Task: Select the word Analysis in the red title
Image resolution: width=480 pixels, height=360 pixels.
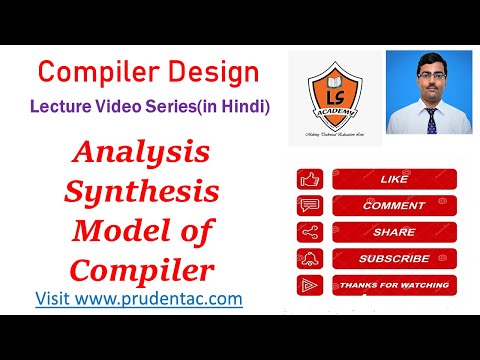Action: [x=145, y=153]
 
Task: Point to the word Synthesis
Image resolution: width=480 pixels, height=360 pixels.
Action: [x=145, y=190]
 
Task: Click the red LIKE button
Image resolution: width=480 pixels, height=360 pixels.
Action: [x=393, y=180]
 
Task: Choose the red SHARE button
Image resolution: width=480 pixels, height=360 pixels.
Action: [x=393, y=232]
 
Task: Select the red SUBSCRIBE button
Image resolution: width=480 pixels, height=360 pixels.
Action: [x=393, y=258]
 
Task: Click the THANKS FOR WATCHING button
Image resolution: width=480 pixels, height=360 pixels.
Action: [x=393, y=285]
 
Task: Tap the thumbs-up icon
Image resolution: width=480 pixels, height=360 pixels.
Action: [x=310, y=180]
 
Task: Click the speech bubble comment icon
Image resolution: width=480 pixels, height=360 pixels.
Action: [x=310, y=206]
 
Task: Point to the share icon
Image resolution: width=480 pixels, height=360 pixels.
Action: [x=310, y=232]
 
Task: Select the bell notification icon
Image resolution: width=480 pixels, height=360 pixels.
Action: [x=310, y=258]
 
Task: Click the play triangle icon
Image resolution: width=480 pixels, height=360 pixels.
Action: [x=310, y=285]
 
